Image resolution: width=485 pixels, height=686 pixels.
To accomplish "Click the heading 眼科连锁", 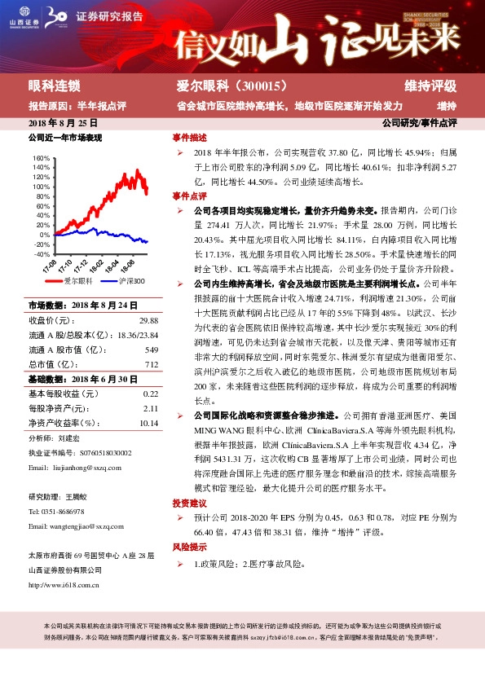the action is [54, 86].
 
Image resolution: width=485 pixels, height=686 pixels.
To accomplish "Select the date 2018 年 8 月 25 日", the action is [62, 122].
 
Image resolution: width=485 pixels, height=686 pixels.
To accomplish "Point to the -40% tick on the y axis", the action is [40, 253].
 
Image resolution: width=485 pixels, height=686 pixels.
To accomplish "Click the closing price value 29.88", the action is [148, 320].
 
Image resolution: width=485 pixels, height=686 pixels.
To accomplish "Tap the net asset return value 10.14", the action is [148, 423].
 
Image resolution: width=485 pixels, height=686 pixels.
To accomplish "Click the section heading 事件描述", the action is [189, 137].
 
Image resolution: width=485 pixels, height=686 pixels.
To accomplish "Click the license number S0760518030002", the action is [96, 452].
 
